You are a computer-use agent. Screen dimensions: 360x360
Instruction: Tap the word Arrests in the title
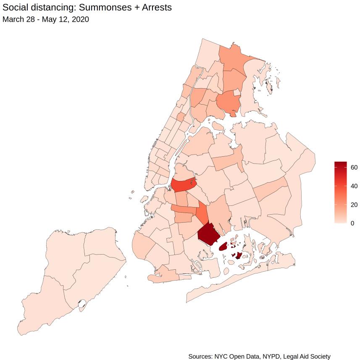tap(155, 8)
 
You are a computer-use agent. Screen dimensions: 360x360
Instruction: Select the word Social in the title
tap(16, 8)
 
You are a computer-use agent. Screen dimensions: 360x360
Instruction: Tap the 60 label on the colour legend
tap(354, 167)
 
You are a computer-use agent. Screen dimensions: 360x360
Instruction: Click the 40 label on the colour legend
tap(354, 186)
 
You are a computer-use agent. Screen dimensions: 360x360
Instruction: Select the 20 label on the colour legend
tap(354, 205)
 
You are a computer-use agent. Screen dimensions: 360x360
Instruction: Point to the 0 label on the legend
tap(352, 223)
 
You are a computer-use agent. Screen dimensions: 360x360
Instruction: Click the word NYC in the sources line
tap(223, 356)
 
